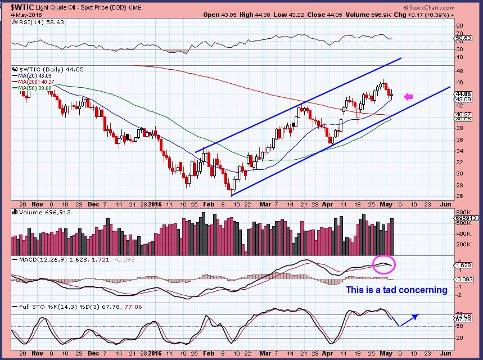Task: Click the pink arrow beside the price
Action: click(x=409, y=97)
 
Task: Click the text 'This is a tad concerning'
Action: click(x=396, y=290)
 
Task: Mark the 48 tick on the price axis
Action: click(x=460, y=71)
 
